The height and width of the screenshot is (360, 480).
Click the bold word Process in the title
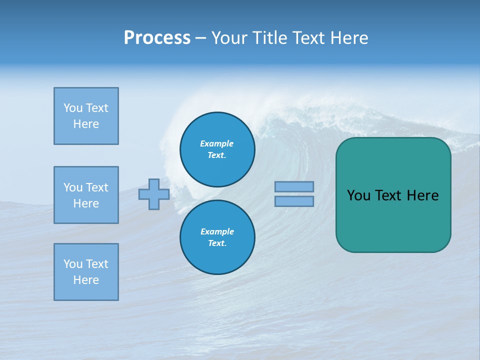tap(157, 38)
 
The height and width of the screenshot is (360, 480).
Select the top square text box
tap(86, 116)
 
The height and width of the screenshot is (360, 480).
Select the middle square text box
tap(86, 195)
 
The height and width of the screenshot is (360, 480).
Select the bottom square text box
tap(86, 272)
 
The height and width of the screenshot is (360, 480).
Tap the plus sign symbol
tap(154, 194)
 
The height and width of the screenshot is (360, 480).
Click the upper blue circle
tap(217, 149)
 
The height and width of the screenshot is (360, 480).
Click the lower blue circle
tap(217, 237)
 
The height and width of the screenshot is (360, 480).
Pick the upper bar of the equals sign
tap(294, 186)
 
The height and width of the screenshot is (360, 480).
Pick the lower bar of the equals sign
tap(294, 201)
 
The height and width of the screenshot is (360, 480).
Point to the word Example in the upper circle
tap(217, 143)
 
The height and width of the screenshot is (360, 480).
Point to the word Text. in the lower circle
tap(217, 243)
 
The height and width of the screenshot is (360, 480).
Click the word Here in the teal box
tap(422, 195)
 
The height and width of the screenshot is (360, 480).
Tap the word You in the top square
tap(72, 108)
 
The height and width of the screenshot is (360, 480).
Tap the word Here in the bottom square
tap(86, 280)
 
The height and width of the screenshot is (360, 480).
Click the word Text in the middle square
tap(97, 187)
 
